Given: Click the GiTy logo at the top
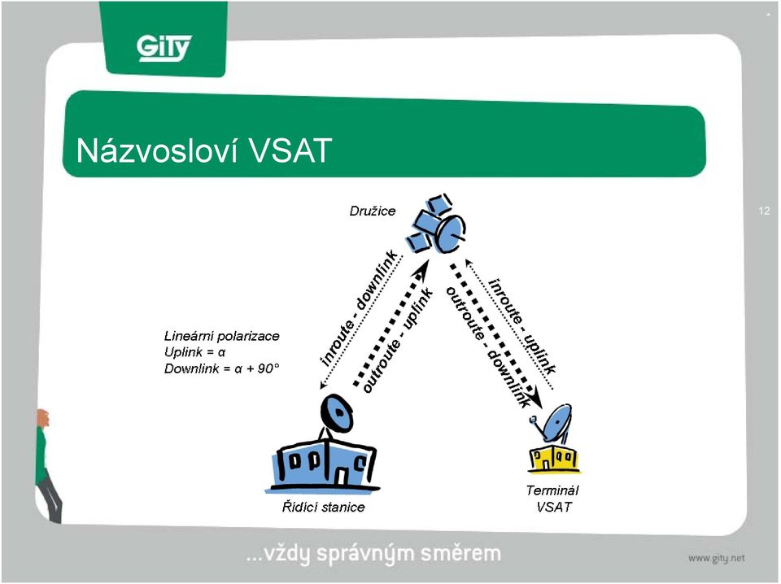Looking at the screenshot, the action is [164, 48].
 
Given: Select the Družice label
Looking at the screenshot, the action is [372, 211].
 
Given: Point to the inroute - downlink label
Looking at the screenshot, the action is [359, 309].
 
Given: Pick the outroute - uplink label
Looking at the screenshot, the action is [398, 341].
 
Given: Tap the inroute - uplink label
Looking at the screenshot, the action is [522, 326].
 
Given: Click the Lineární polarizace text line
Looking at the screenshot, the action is [221, 336].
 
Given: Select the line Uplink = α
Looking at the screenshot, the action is [194, 352].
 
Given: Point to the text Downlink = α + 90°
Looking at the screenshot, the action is [221, 369].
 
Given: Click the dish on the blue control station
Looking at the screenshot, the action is [336, 413].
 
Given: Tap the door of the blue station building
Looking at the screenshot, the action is [343, 476].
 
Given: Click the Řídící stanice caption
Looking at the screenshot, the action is [323, 508].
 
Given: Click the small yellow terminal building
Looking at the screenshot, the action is [554, 458].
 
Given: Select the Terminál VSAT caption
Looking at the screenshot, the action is [552, 499].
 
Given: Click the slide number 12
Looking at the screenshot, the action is [764, 211].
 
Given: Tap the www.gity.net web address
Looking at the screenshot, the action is [716, 559].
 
